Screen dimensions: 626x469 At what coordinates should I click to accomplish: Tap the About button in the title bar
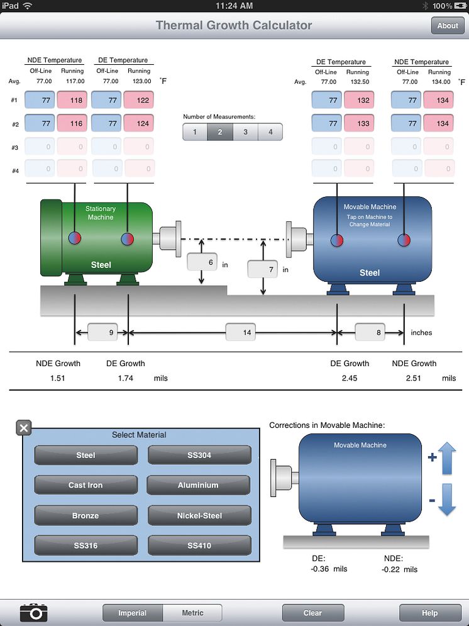click(448, 26)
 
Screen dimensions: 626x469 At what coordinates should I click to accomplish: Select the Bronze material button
click(86, 515)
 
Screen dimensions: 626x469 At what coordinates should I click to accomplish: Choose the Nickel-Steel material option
click(199, 515)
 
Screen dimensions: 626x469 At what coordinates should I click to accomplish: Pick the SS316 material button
click(86, 545)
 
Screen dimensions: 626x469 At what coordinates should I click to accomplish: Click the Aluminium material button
click(199, 485)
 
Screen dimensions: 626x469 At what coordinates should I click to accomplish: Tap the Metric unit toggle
click(192, 613)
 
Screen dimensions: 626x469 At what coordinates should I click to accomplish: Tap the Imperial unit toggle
click(133, 613)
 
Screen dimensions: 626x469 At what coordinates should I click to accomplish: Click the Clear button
click(312, 613)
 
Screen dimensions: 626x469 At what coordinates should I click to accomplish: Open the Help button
click(429, 613)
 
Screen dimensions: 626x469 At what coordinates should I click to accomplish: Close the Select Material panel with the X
click(24, 428)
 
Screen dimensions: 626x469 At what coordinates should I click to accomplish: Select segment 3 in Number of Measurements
click(245, 132)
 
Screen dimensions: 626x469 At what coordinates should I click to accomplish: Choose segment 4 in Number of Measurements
click(270, 132)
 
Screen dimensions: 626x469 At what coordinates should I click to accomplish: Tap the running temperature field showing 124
click(140, 123)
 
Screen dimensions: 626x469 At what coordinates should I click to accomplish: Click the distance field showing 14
click(240, 332)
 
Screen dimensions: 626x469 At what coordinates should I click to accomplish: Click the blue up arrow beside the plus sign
click(447, 458)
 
